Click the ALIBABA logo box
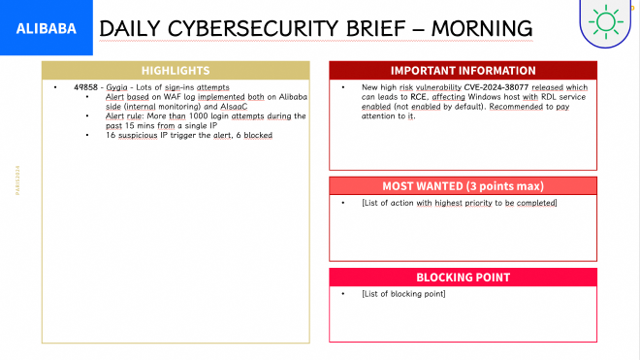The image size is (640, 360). point(47,29)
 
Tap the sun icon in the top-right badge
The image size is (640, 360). point(607,21)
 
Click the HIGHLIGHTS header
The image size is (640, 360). point(176,71)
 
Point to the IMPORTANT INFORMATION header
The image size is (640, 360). point(463,71)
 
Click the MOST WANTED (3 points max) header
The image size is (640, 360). point(463,185)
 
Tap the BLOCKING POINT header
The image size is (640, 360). point(463,278)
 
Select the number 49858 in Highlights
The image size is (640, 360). point(85,87)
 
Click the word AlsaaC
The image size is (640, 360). point(232,106)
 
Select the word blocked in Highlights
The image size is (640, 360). point(258,135)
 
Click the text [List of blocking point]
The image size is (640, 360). point(402,294)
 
